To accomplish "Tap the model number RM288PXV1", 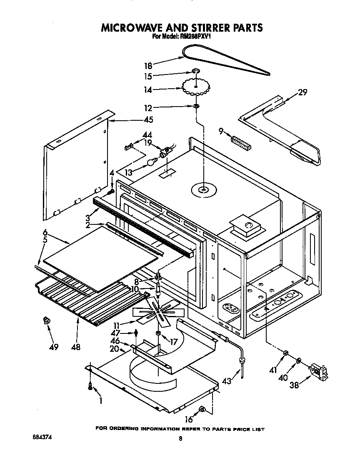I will tap(196, 36).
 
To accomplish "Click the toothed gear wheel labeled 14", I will tap(196, 87).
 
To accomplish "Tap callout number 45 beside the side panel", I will tap(148, 120).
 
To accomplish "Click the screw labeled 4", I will tap(111, 192).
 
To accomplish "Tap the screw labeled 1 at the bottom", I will tap(90, 386).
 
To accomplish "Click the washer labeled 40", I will tap(299, 360).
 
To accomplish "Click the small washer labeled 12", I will tap(195, 107).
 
